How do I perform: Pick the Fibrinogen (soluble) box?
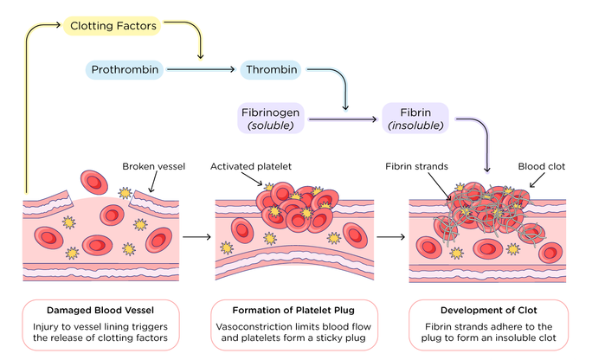point(272,118)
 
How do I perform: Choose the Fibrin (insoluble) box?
point(415,118)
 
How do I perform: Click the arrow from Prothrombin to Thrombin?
point(201,69)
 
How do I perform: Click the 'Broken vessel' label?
point(151,166)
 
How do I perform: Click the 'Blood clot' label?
point(542,166)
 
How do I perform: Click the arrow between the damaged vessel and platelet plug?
point(197,235)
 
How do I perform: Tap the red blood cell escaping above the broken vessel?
point(92,182)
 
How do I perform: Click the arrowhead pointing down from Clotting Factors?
point(201,57)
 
